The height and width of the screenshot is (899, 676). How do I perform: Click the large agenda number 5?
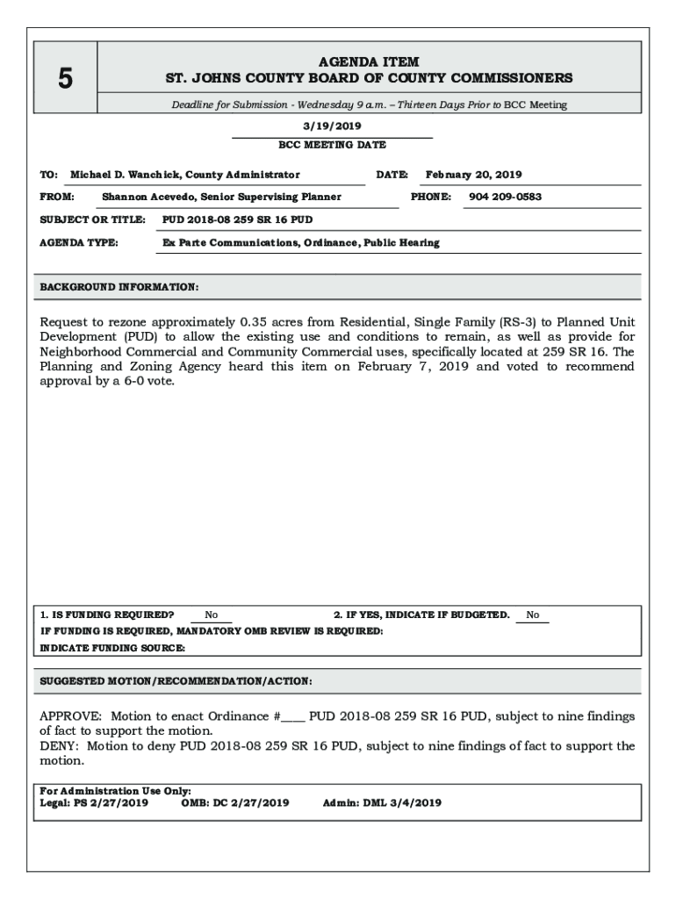(x=65, y=80)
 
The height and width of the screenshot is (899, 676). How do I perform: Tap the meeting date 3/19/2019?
(x=332, y=126)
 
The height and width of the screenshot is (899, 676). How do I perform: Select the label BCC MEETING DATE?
(x=332, y=145)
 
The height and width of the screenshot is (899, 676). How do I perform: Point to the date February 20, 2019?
(x=473, y=175)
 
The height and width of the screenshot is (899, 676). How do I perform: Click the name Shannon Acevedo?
(x=144, y=197)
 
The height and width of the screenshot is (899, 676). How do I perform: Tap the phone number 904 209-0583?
(x=505, y=197)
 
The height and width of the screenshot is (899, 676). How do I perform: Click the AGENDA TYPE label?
(x=79, y=242)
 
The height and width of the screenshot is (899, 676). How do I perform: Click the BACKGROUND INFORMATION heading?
(x=119, y=287)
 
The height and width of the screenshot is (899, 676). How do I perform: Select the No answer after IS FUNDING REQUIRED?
(x=212, y=615)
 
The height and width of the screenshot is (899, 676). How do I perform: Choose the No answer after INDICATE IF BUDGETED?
(x=533, y=615)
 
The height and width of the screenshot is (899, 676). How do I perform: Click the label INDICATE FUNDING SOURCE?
(x=113, y=648)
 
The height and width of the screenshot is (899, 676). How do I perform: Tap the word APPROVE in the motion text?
(x=70, y=716)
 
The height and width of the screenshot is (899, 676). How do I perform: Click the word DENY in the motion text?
(x=58, y=746)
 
